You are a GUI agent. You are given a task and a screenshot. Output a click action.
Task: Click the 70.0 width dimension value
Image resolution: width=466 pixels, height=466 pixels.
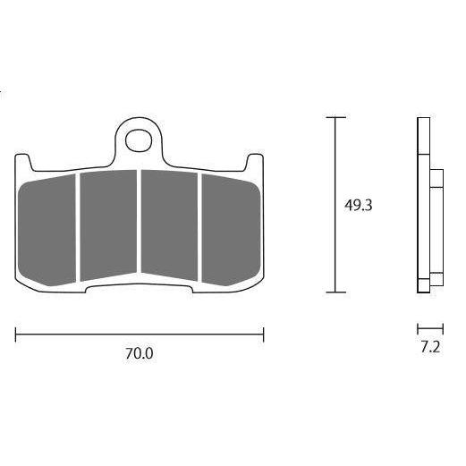[x=139, y=353]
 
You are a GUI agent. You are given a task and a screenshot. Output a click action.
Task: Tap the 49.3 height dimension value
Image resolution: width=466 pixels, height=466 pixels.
[x=358, y=206]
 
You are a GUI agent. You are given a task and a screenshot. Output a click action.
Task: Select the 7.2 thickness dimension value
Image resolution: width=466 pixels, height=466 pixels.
[x=430, y=347]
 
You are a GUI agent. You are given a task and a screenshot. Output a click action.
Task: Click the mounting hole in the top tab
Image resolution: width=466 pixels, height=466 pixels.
[x=139, y=140]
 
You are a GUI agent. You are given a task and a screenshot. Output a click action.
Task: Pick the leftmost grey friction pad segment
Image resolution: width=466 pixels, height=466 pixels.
[x=47, y=230]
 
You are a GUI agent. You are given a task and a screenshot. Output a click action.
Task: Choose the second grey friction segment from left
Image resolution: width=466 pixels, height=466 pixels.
[x=108, y=225]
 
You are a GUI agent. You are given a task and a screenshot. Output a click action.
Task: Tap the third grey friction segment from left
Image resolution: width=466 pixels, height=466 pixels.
[x=169, y=225]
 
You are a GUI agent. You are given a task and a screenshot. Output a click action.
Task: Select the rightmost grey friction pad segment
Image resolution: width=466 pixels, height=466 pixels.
[x=232, y=230]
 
